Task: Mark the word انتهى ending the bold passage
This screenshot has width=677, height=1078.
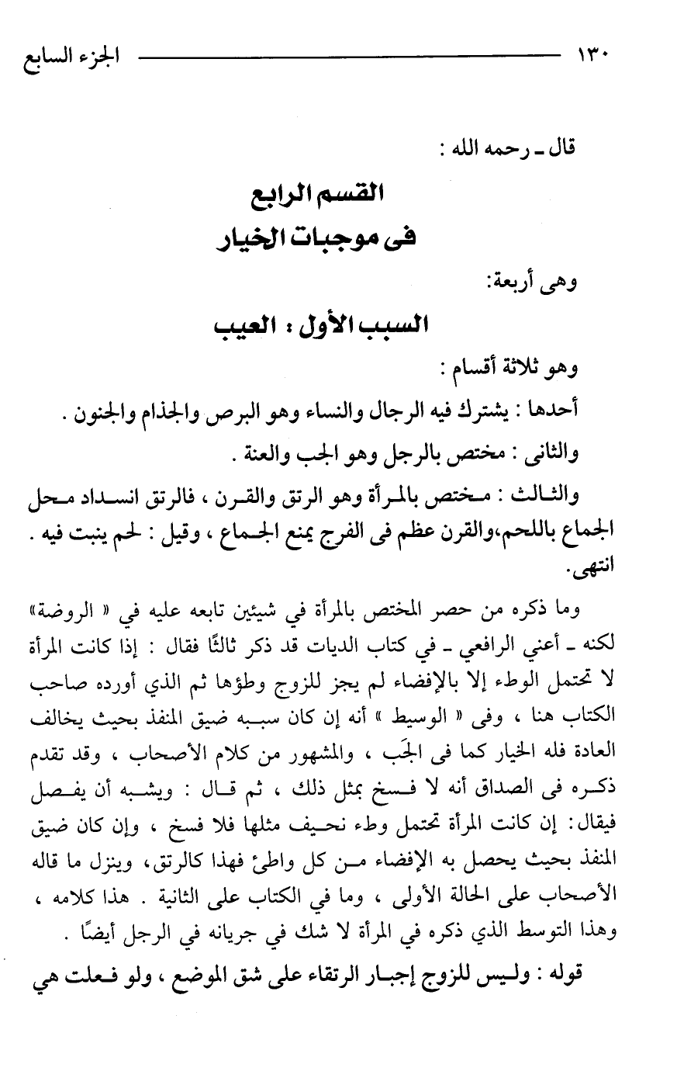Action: point(629,568)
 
